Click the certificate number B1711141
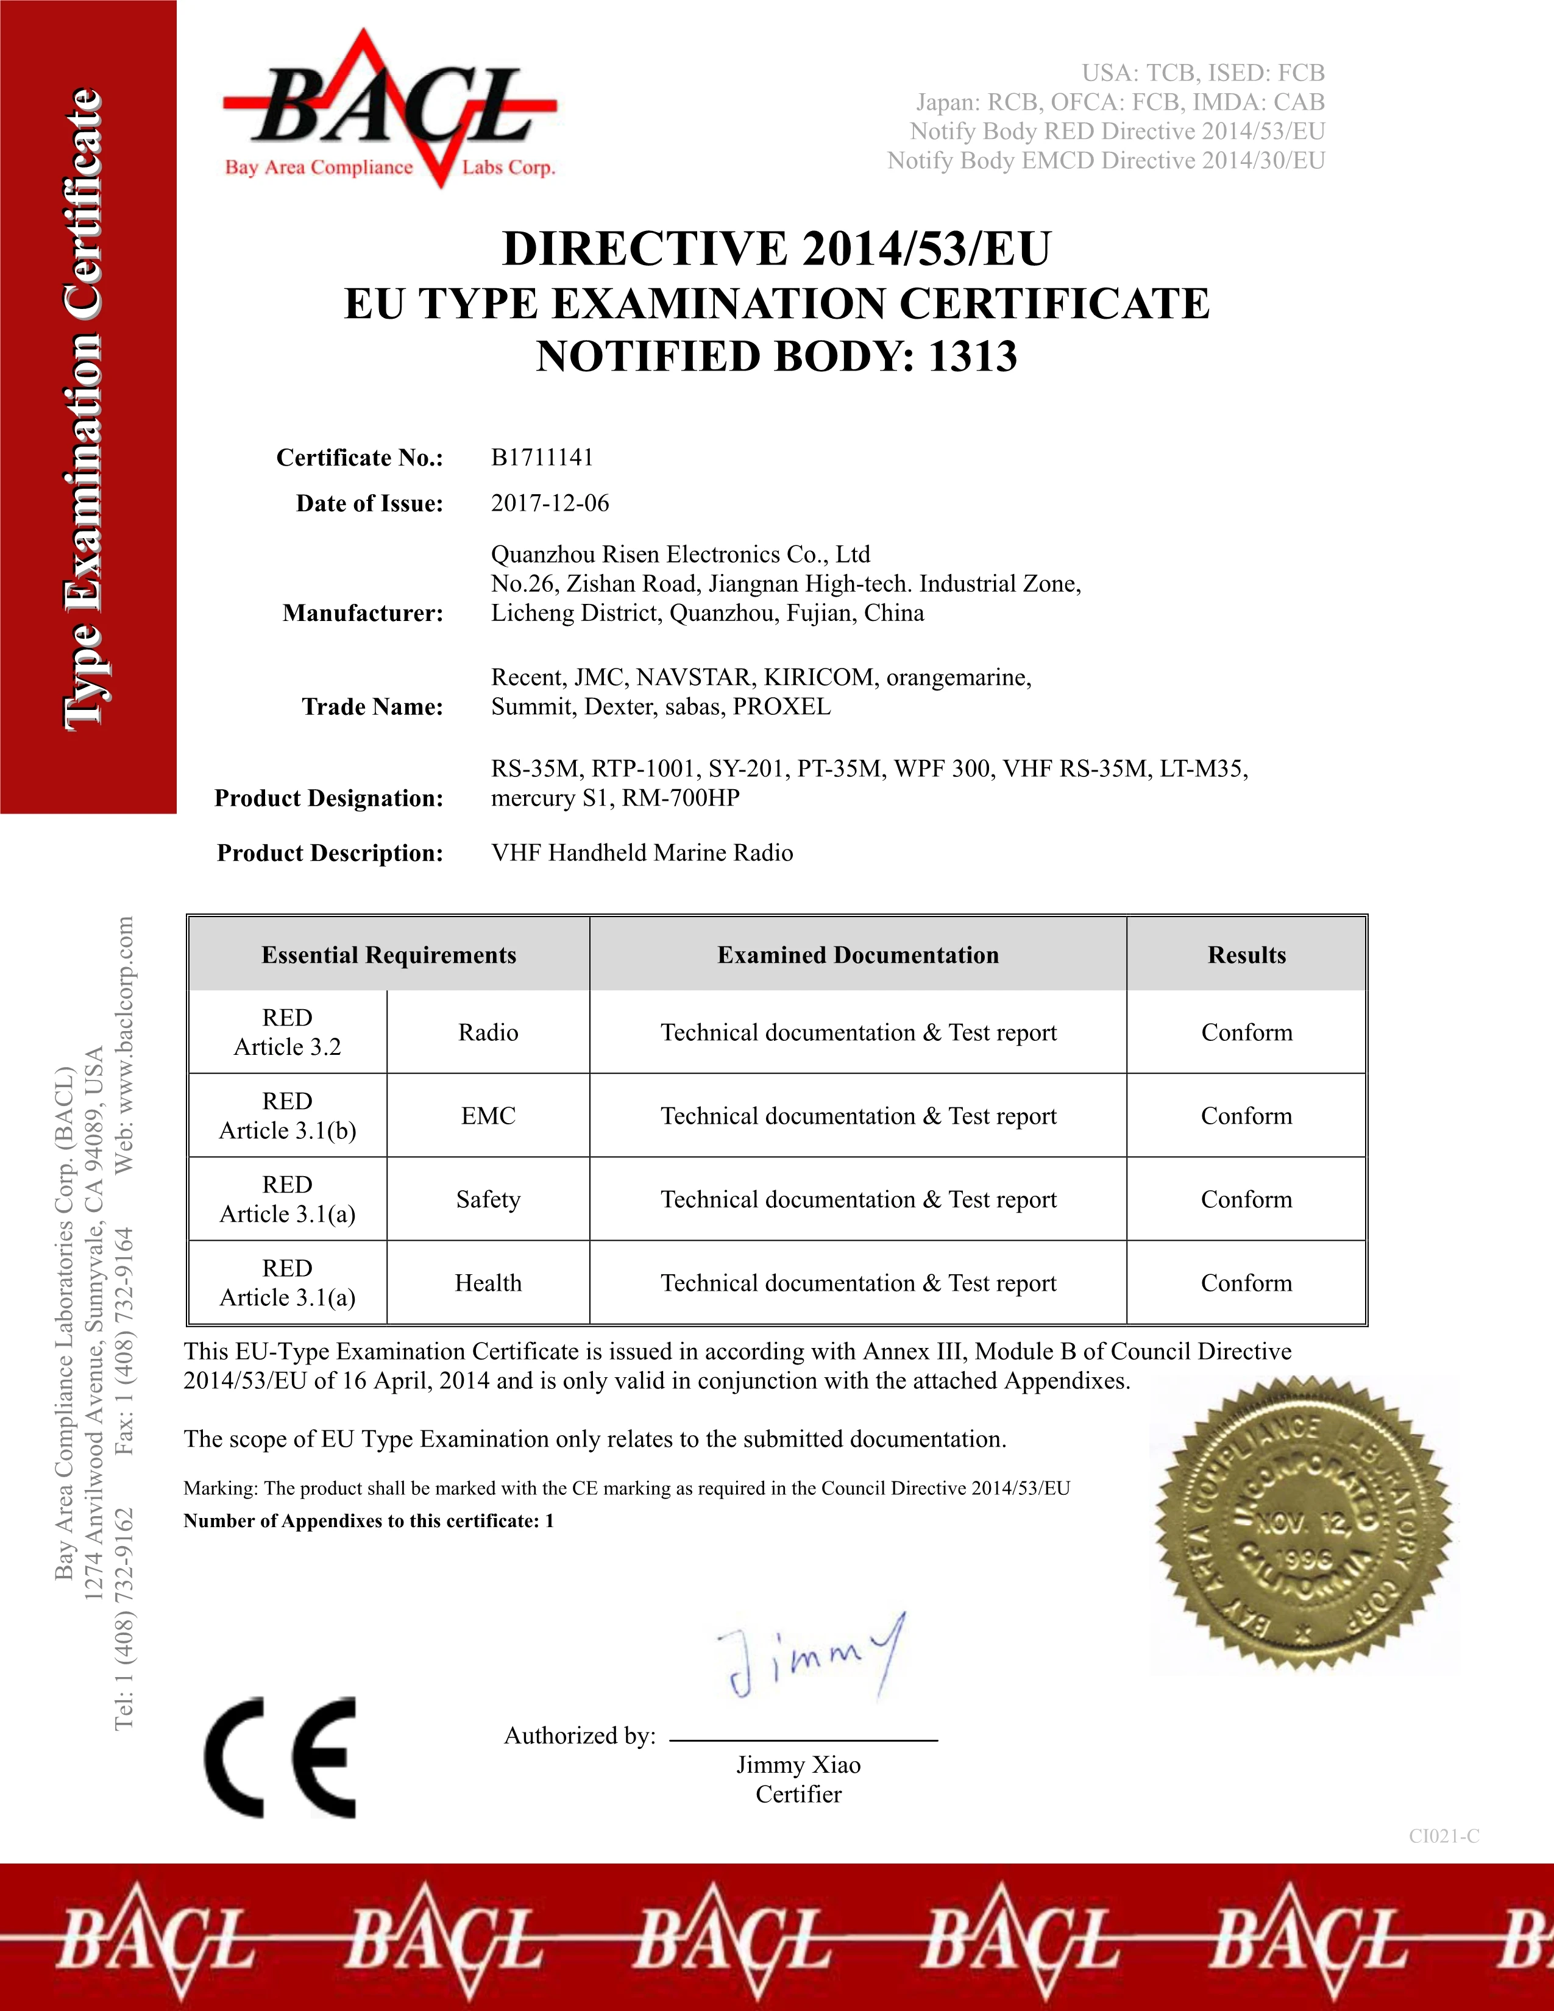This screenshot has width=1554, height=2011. pyautogui.click(x=542, y=458)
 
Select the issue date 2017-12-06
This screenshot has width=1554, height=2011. pyautogui.click(x=550, y=503)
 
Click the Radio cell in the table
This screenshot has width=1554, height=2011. pyautogui.click(x=488, y=1032)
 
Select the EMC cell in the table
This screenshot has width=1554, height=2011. pyautogui.click(x=488, y=1116)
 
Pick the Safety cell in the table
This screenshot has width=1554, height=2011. pyautogui.click(x=488, y=1200)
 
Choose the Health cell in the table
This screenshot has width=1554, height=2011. pyautogui.click(x=488, y=1283)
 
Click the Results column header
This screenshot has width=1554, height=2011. pyautogui.click(x=1246, y=955)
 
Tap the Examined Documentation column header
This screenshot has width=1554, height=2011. pyautogui.click(x=858, y=955)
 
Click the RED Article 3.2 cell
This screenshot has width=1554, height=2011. pyautogui.click(x=287, y=1032)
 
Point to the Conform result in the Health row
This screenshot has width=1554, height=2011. pyautogui.click(x=1246, y=1283)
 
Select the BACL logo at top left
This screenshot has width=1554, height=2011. pyautogui.click(x=389, y=108)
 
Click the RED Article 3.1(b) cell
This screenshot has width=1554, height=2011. pyautogui.click(x=287, y=1116)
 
